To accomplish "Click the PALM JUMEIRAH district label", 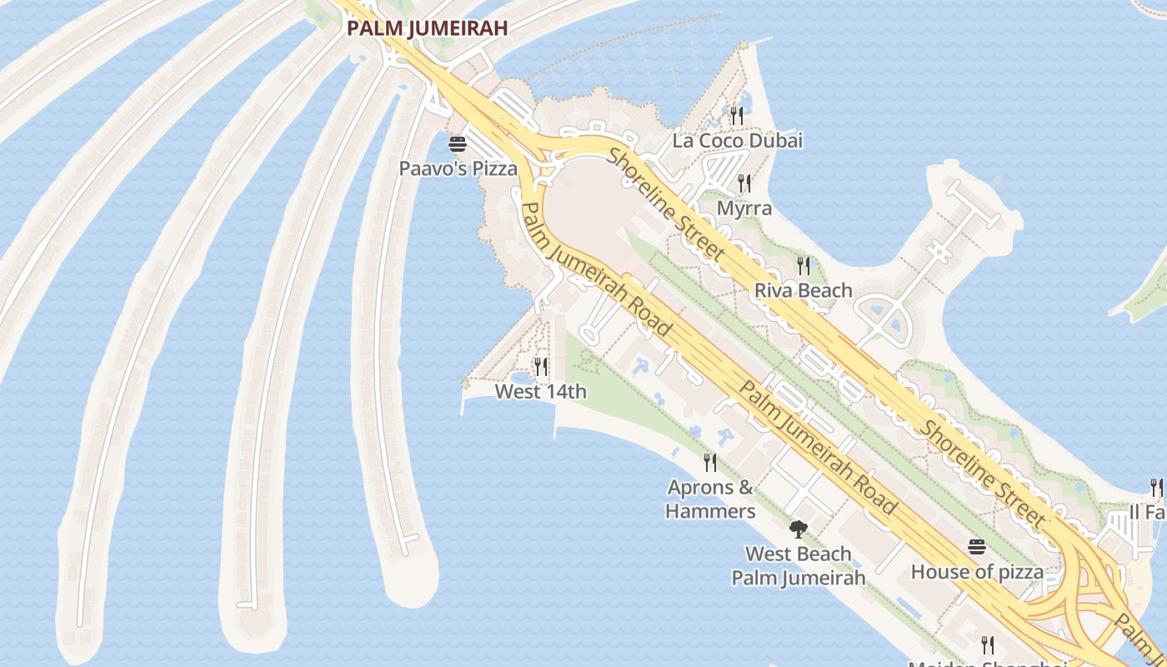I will click(427, 28).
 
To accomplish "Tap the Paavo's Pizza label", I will click(458, 168).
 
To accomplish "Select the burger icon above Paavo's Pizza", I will click(458, 144).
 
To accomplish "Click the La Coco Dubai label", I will click(737, 140).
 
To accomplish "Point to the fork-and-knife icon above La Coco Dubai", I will click(737, 115).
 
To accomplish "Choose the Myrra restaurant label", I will click(744, 208).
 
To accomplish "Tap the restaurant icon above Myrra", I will click(744, 183).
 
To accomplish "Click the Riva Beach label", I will click(803, 290).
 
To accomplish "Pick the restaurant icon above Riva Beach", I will click(804, 266).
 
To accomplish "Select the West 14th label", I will click(540, 391).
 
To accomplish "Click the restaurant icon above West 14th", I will click(541, 367).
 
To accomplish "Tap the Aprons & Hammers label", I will click(710, 499).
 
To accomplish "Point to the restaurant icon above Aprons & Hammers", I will click(710, 462).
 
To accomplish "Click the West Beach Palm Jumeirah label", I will click(798, 565).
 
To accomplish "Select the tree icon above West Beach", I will click(799, 529).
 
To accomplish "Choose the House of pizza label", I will click(977, 572).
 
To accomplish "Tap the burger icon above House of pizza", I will click(977, 547).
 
